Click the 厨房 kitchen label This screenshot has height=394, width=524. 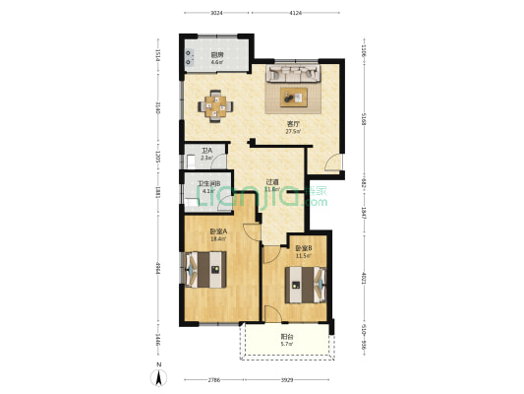point(216,57)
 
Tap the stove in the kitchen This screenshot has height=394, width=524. point(188,57)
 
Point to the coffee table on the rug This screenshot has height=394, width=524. point(294,96)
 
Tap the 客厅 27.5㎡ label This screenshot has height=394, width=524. point(292,127)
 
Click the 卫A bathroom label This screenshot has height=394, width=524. point(206,155)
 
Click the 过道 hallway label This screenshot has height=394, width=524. point(272,184)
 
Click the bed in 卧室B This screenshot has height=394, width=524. point(303,286)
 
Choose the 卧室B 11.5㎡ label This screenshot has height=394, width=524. point(303,253)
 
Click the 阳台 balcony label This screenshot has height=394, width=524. point(286,340)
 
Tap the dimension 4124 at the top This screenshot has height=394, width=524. point(295,13)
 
